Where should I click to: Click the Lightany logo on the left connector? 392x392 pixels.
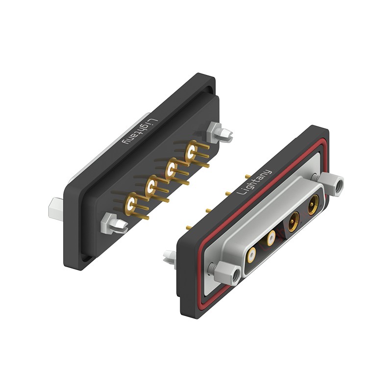pos(140,132)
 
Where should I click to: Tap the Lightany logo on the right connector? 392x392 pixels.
pos(254,182)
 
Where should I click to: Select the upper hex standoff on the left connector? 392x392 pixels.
pos(220,132)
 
